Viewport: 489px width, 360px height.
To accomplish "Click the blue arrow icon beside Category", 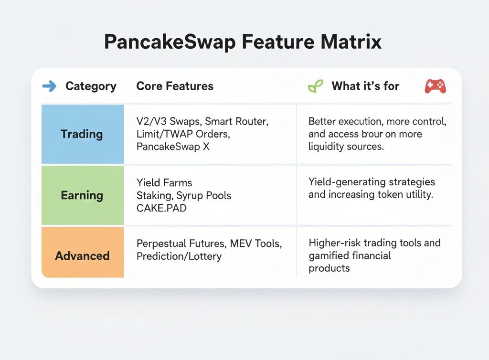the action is point(49,86).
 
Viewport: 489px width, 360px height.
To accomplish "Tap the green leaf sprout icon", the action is point(315,86).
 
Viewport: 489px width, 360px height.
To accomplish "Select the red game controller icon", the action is point(436,86).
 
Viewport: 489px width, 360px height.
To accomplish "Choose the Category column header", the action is point(91,86).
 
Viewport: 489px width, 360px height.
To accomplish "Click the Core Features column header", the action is point(175,86).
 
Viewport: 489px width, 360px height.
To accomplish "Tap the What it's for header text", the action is point(365,86).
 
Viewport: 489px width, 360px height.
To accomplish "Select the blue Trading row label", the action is point(82,134).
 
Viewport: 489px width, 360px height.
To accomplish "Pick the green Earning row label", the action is point(82,195).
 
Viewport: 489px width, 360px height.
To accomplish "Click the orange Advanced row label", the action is point(82,256).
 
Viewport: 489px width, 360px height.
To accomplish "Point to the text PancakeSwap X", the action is point(173,147).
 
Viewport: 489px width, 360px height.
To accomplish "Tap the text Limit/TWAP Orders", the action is point(183,134).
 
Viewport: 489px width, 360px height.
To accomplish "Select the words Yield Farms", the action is point(164,183).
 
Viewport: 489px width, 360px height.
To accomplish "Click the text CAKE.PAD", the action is point(161,208).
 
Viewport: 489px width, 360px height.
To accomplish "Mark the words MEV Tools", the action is point(256,244).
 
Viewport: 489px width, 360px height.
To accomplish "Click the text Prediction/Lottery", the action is point(179,256).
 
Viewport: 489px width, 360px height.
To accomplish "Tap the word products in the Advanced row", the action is point(329,268).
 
